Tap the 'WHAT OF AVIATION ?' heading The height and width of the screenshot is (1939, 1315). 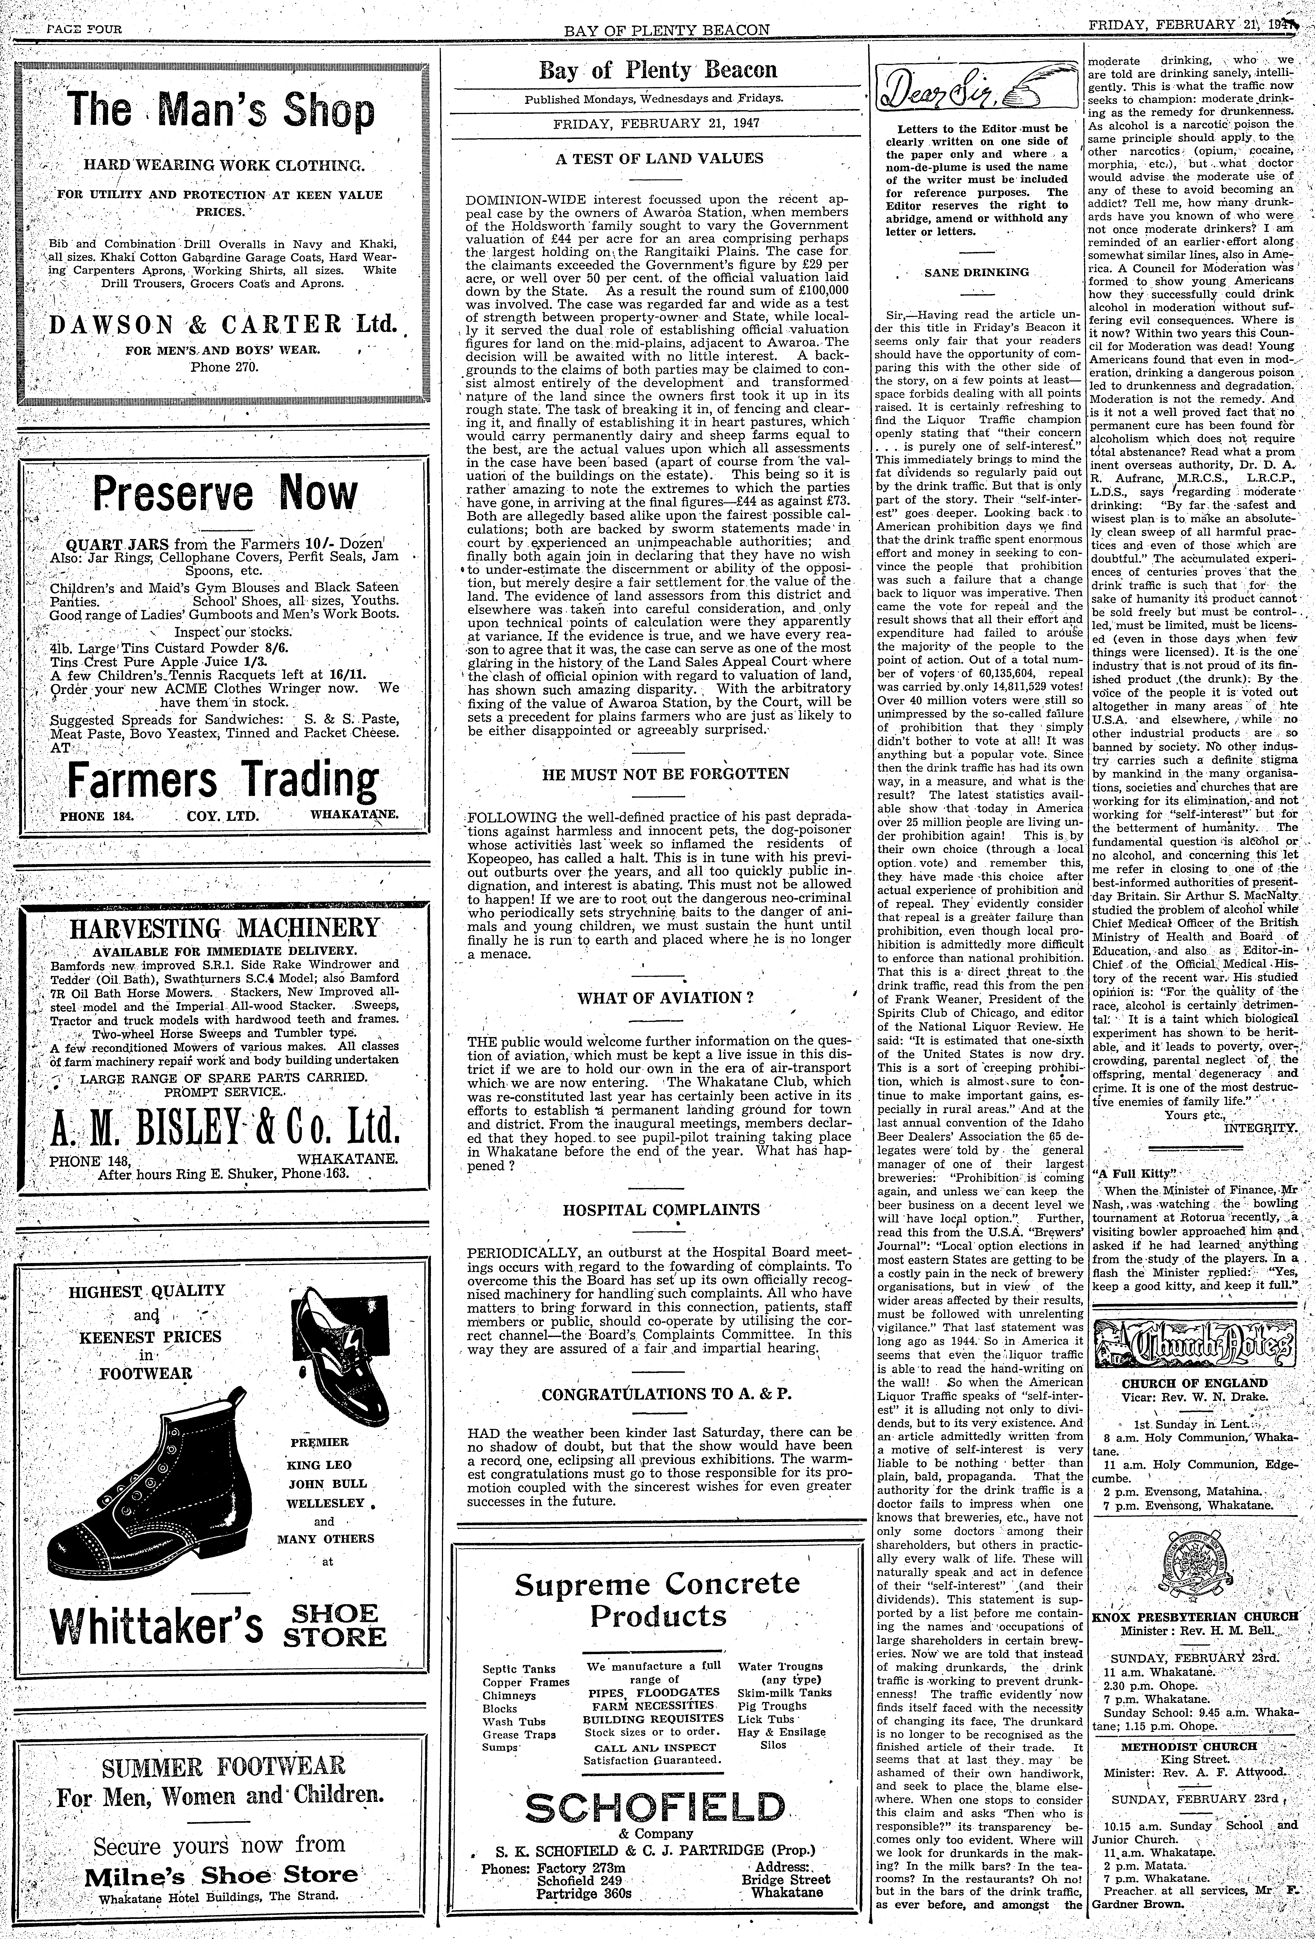pos(659,998)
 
